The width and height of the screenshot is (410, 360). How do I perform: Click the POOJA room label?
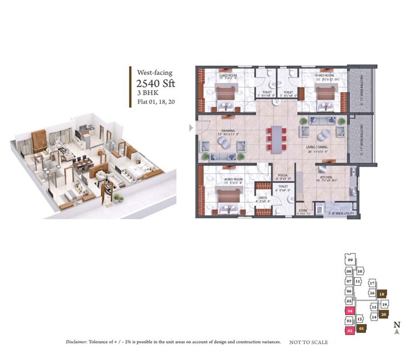[284, 175]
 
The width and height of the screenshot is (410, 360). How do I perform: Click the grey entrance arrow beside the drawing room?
[190, 128]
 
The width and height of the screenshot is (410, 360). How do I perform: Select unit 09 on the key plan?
[350, 261]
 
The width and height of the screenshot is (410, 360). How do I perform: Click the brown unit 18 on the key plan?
[382, 294]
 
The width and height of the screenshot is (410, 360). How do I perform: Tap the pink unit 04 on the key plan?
[350, 311]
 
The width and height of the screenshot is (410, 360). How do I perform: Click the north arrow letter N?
[397, 324]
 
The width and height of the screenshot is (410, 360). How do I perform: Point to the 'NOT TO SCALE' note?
[309, 342]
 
